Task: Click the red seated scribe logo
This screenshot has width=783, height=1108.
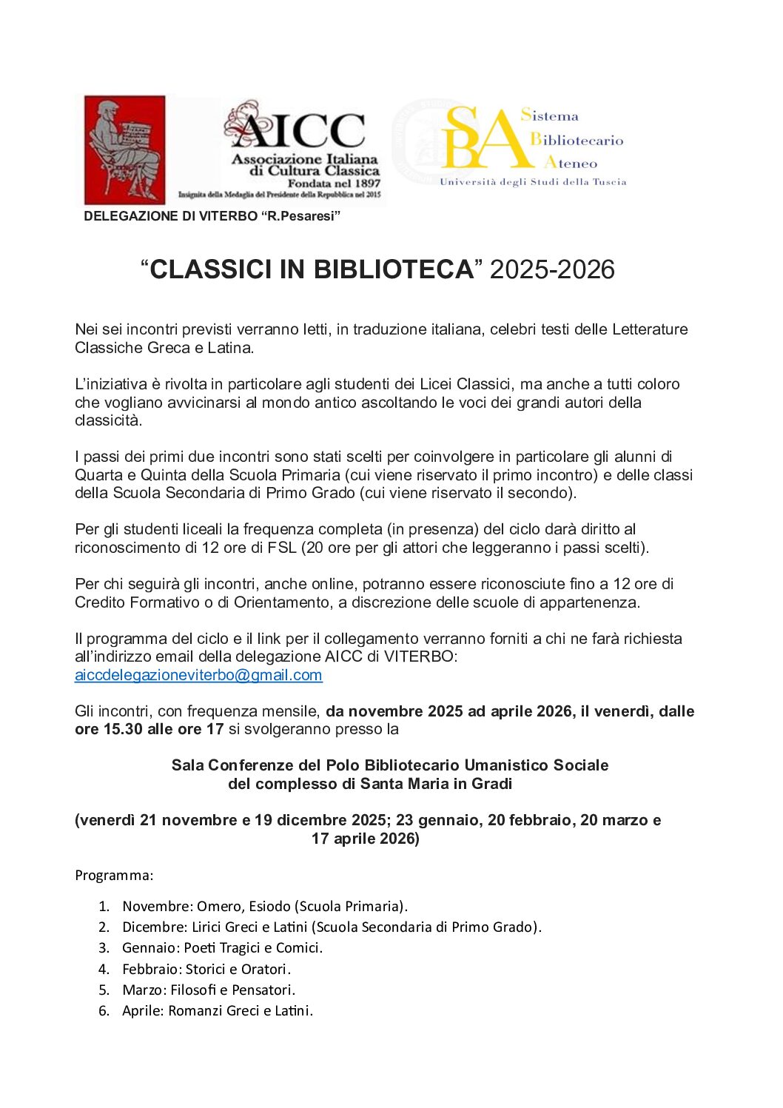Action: [124, 150]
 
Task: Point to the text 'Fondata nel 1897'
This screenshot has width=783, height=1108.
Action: [334, 184]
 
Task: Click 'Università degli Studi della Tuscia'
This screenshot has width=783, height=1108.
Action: [533, 182]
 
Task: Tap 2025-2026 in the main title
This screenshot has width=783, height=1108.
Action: [552, 269]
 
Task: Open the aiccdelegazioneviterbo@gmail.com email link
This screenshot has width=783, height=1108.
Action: [198, 675]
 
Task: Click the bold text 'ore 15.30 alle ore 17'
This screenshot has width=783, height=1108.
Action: [149, 729]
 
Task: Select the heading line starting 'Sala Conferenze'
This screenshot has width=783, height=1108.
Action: [390, 765]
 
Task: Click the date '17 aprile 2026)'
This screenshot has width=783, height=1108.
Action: [366, 839]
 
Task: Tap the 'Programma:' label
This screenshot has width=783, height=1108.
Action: [114, 876]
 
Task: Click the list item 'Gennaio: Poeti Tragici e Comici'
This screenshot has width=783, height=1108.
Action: [222, 948]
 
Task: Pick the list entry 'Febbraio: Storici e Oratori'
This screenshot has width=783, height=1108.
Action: [206, 969]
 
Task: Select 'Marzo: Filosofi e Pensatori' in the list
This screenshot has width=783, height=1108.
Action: [208, 990]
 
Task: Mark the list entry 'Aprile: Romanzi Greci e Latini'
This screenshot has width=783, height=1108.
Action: [217, 1010]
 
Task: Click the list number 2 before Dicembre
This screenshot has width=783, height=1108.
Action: [104, 927]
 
